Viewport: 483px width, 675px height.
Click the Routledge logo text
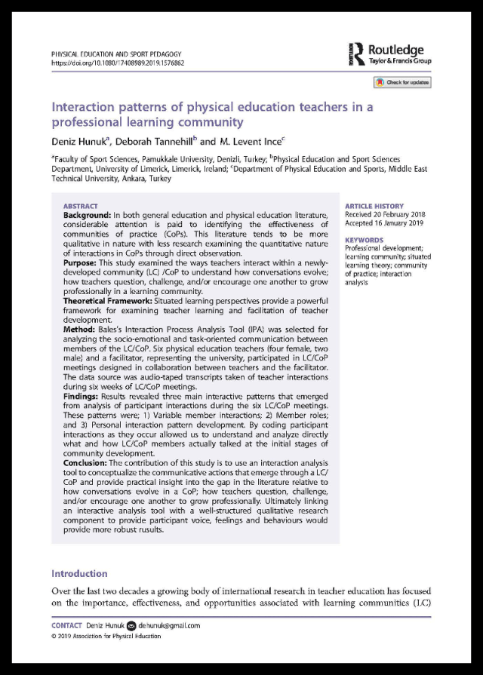coord(395,51)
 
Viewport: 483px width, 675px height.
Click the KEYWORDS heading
coord(364,240)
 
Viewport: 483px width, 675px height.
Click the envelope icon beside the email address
coord(131,625)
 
